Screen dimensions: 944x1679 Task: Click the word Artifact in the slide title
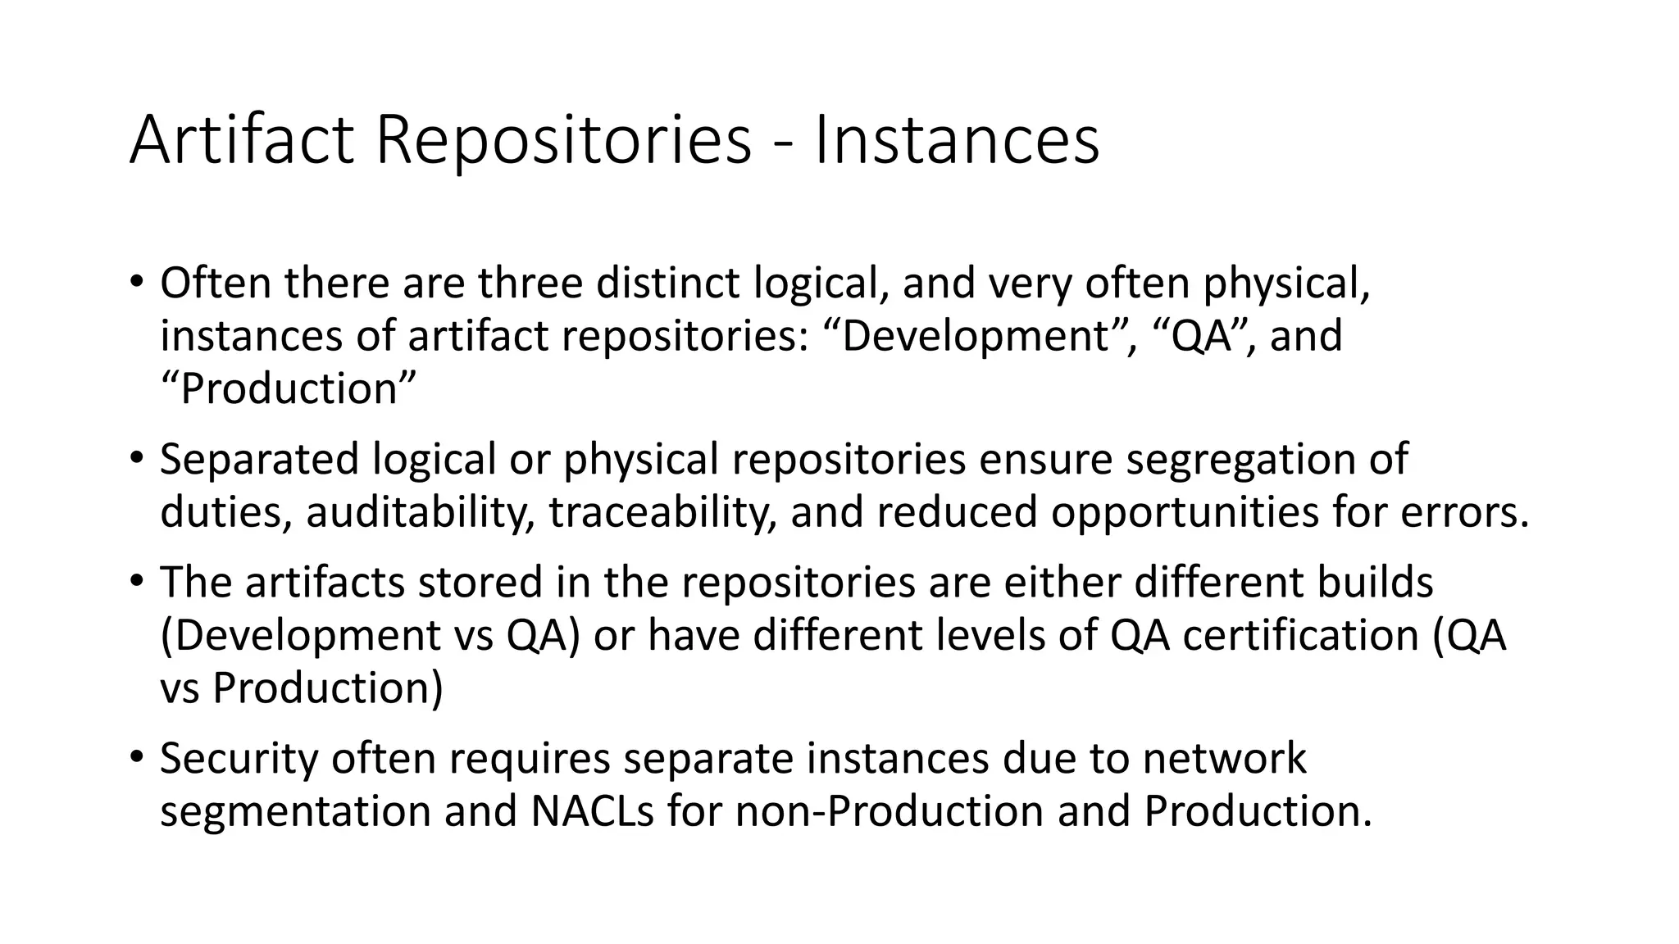pyautogui.click(x=241, y=141)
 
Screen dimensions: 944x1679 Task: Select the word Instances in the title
pyautogui.click(x=956, y=141)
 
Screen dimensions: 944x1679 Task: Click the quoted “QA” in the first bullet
pyautogui.click(x=1203, y=336)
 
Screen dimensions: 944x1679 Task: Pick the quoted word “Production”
pyautogui.click(x=288, y=388)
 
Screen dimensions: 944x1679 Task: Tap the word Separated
pyautogui.click(x=259, y=459)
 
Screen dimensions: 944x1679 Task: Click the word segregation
pyautogui.click(x=1236, y=459)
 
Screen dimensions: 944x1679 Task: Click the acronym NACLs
pyautogui.click(x=592, y=810)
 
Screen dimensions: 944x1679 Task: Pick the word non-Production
pyautogui.click(x=889, y=810)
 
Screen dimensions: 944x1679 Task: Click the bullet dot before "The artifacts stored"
pyautogui.click(x=137, y=580)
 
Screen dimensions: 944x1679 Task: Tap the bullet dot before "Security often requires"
pyautogui.click(x=137, y=756)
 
